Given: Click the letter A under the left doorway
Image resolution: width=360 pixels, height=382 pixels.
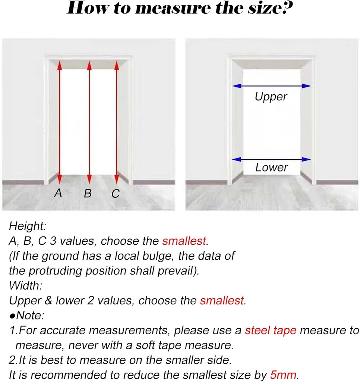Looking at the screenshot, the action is [58, 193].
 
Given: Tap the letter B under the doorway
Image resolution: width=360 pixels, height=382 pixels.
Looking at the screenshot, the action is [88, 194].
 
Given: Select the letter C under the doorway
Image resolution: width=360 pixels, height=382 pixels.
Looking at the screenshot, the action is [116, 194].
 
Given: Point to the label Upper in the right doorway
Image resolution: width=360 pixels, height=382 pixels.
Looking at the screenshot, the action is [271, 97].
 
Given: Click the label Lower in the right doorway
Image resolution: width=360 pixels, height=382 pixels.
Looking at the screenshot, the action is [271, 167].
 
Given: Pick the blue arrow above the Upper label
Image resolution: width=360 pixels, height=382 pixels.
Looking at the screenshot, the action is [271, 86].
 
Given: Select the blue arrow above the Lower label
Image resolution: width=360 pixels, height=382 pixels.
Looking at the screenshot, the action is [271, 159].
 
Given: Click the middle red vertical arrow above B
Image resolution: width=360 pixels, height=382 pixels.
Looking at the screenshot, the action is [89, 122].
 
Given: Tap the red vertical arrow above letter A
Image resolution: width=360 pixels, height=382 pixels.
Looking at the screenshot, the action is [60, 122].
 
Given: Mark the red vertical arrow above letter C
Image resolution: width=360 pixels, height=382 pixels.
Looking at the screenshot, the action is [117, 122].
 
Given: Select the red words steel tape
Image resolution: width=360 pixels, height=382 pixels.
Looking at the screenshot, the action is [271, 331].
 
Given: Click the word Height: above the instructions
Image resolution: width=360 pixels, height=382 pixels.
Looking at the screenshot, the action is [27, 226].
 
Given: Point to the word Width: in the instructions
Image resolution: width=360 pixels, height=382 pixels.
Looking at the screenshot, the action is [26, 285].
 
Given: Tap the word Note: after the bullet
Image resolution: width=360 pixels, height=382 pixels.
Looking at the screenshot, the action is [30, 316].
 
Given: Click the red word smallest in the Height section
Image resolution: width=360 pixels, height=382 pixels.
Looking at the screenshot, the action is [184, 241].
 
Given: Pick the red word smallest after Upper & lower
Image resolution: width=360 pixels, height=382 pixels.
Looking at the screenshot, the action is [222, 300].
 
